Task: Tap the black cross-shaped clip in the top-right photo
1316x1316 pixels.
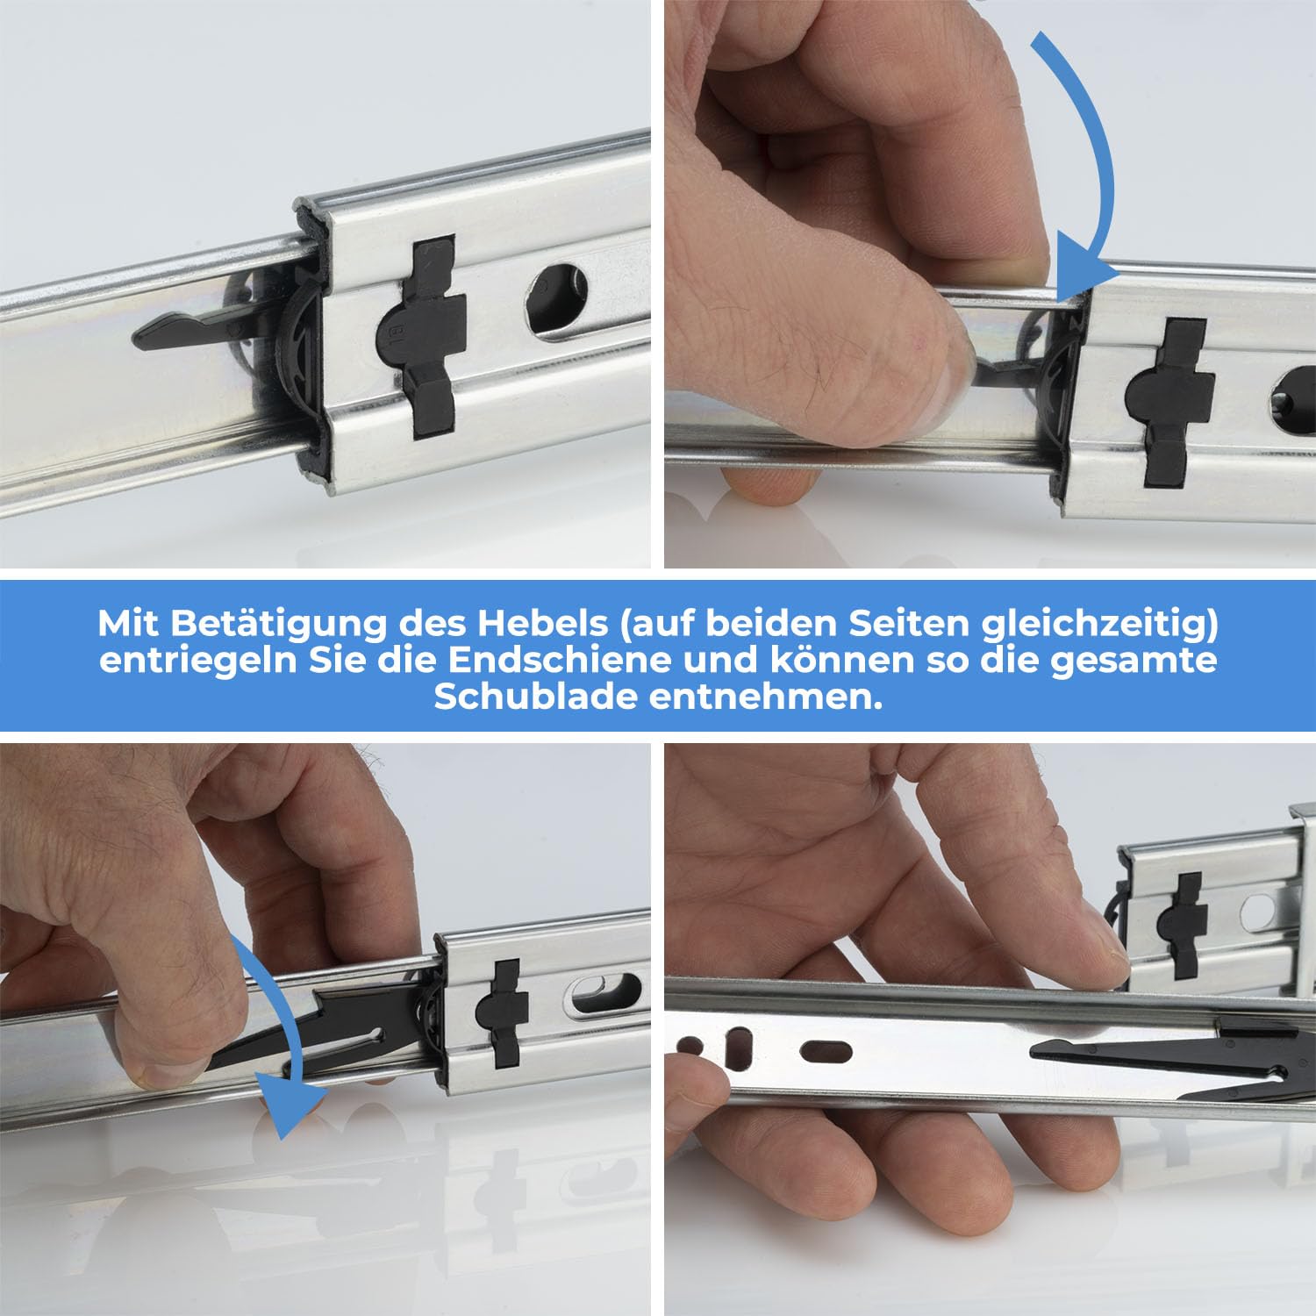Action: pos(1169,403)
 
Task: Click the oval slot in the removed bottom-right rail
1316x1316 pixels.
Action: pos(826,1051)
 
